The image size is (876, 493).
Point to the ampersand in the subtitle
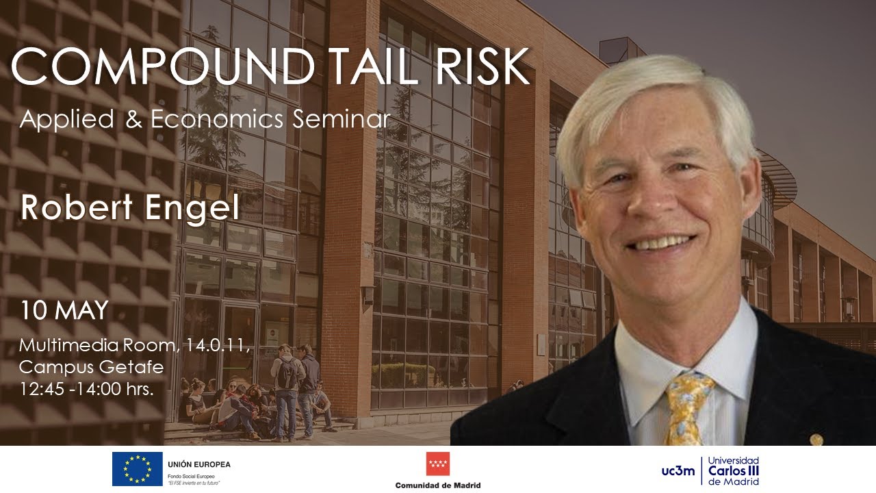[x=131, y=119]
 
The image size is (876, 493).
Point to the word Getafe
[x=128, y=368]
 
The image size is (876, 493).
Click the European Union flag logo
[x=137, y=469]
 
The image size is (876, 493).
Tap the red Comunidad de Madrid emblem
[x=438, y=464]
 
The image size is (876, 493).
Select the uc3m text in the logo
[x=678, y=471]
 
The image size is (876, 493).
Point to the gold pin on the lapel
[x=816, y=440]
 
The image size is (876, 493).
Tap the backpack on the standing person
[x=289, y=374]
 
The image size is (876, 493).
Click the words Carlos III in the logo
[x=734, y=471]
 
